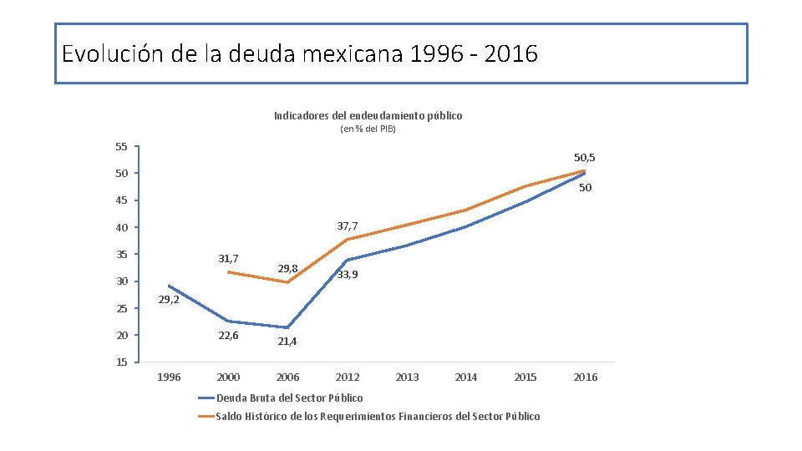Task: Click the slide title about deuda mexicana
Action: pos(300,54)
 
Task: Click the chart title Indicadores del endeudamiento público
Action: pos(368,115)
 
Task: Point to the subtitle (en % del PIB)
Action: pos(368,129)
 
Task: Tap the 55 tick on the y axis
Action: pos(121,147)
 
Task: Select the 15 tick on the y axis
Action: pos(121,362)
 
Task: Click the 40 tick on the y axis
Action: pos(121,227)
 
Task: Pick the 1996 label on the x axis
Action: pos(169,378)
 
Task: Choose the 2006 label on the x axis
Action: pos(287,378)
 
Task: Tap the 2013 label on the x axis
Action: pos(407,378)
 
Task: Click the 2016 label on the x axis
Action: pos(586,378)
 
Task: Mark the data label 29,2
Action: pos(169,299)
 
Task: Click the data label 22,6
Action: pos(228,336)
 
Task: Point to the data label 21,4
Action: pos(287,342)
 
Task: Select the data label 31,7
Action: pos(228,259)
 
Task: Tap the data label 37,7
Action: pos(348,226)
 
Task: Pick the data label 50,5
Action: pos(584,157)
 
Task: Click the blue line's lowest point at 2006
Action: pos(287,327)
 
